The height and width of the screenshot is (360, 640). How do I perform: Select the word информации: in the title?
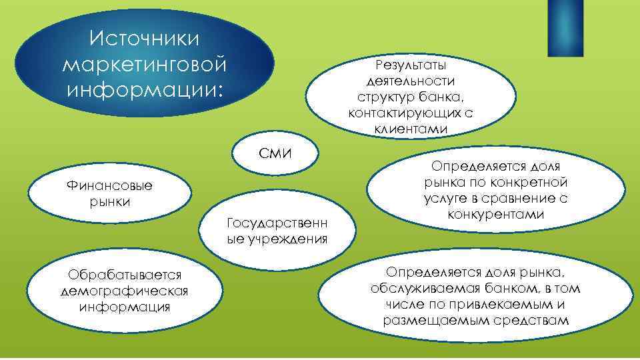click(144, 89)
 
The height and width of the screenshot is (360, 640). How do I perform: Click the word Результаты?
click(411, 66)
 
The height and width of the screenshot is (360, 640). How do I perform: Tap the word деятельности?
click(411, 81)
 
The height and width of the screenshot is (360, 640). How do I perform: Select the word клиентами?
click(411, 128)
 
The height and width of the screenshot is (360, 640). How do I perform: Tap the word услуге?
click(444, 199)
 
